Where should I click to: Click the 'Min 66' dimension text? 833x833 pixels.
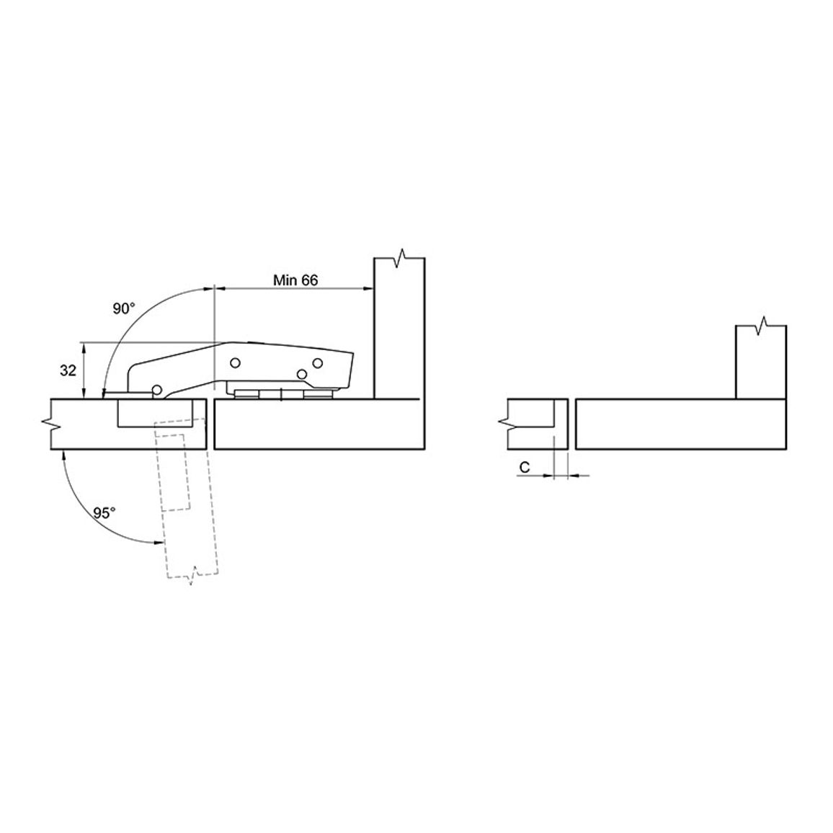pyautogui.click(x=295, y=280)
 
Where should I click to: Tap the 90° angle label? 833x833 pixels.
pyautogui.click(x=124, y=308)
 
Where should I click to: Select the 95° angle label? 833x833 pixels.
pyautogui.click(x=104, y=512)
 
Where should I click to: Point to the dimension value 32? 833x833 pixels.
pyautogui.click(x=68, y=370)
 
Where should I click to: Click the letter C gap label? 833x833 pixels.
pyautogui.click(x=525, y=468)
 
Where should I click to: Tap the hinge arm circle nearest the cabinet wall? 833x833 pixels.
pyautogui.click(x=318, y=363)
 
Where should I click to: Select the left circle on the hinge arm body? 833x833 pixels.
pyautogui.click(x=235, y=363)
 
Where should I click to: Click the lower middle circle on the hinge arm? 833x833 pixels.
pyautogui.click(x=302, y=374)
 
